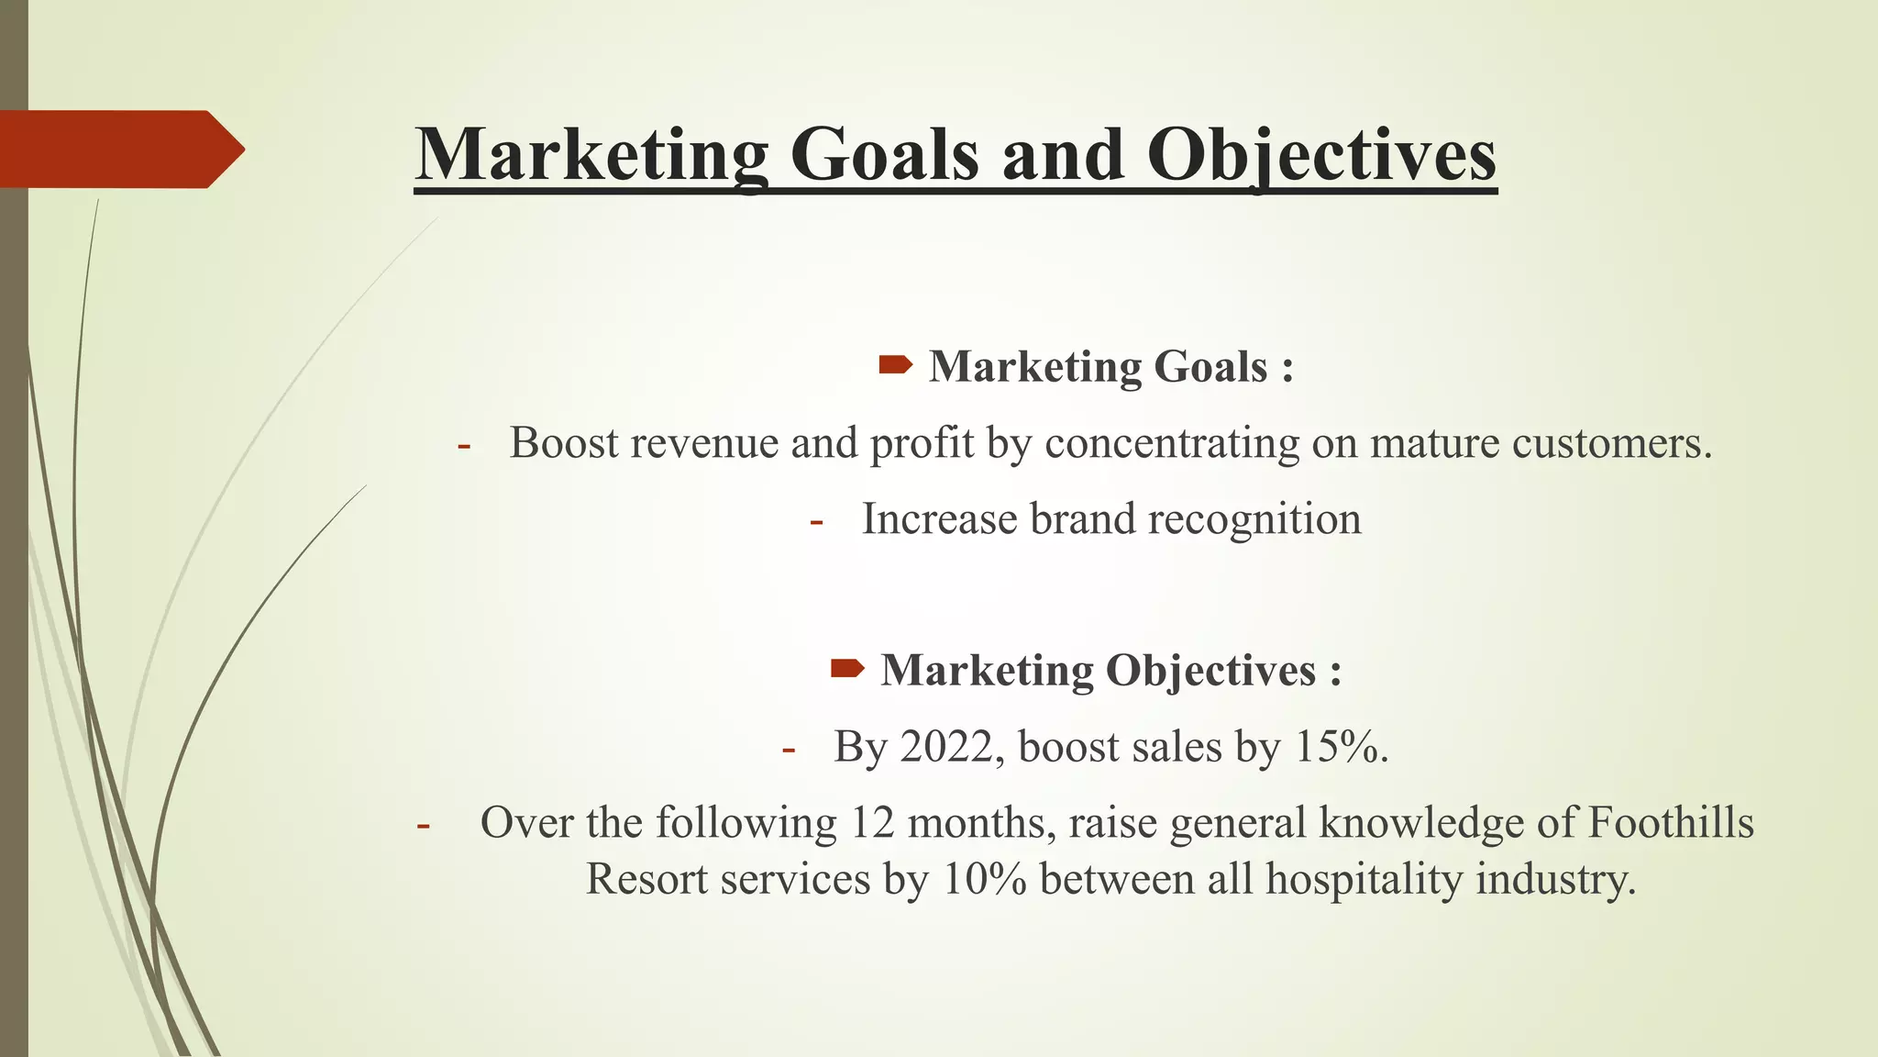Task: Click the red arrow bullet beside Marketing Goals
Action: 895,366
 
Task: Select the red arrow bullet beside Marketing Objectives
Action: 847,669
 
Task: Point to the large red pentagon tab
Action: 119,149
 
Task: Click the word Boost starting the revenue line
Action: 563,443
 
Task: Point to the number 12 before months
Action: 871,822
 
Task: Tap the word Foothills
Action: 1671,822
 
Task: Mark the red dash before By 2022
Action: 788,750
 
